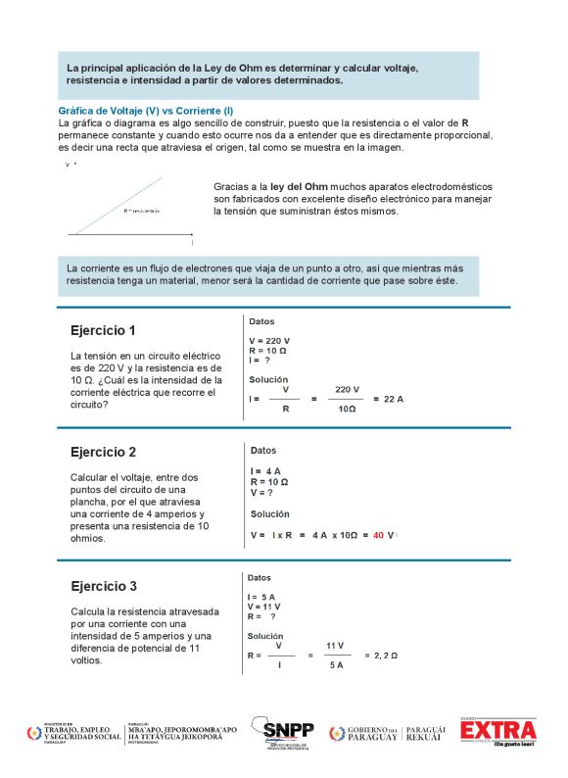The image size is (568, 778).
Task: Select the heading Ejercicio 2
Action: tap(103, 452)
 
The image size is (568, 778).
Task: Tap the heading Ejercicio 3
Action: tap(103, 587)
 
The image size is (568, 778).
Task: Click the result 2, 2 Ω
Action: tap(380, 655)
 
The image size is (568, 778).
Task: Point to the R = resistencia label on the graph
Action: tap(141, 211)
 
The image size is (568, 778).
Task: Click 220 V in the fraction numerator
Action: tap(347, 389)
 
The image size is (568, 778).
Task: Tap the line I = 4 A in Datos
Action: tap(266, 471)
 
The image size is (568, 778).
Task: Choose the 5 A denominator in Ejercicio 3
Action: tap(336, 664)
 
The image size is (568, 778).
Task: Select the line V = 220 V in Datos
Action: tap(269, 341)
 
